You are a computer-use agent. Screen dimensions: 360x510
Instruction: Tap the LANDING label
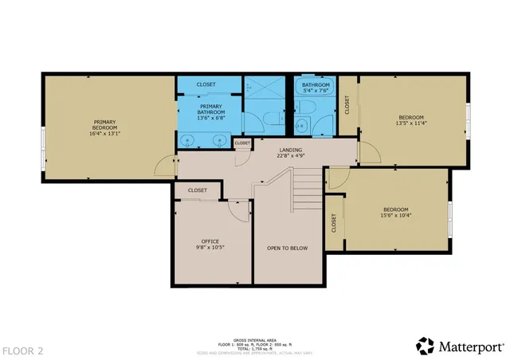click(289, 150)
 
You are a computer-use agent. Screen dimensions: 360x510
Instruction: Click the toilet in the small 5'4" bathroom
click(303, 125)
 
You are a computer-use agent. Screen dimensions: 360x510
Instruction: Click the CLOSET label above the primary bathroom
click(206, 84)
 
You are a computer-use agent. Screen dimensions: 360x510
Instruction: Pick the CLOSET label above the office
click(197, 190)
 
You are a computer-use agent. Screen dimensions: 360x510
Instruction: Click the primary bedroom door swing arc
click(163, 164)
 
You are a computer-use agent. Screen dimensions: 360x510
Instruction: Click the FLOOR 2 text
click(23, 350)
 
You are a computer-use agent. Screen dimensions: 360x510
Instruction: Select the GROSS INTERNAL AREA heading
click(255, 338)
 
